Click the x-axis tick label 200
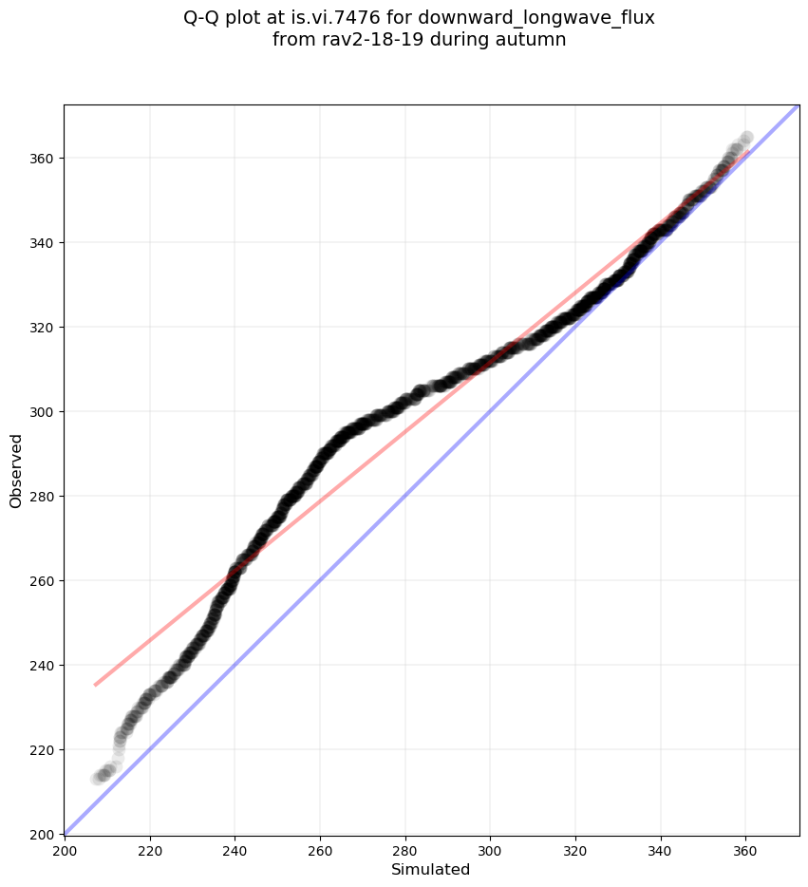pos(65,849)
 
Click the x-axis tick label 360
pos(745,849)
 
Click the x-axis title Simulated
pos(431,870)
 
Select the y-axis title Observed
pos(16,470)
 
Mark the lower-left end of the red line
pos(95,685)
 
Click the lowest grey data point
pos(97,779)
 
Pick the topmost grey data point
pos(746,138)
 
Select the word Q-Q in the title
pos(202,18)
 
